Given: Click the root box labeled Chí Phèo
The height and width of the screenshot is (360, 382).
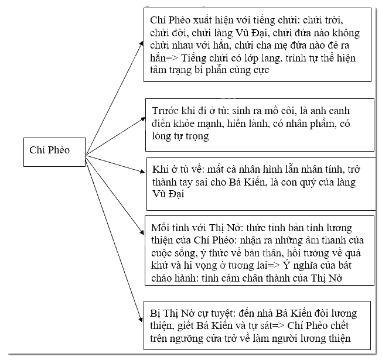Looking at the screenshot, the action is (x=54, y=152).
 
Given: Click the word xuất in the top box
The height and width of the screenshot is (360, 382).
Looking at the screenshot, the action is (x=203, y=20).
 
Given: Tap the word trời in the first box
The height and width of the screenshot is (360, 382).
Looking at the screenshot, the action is (x=334, y=20).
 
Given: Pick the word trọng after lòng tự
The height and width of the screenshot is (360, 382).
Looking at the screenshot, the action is (x=197, y=136).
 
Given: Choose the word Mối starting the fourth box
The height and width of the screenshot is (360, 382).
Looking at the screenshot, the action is (x=159, y=228).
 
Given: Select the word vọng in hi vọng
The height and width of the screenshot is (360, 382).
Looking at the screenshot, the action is (x=206, y=266).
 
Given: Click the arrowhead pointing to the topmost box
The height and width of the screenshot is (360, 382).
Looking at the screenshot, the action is (x=141, y=43).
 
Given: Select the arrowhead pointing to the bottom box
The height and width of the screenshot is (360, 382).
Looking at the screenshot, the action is (x=141, y=320).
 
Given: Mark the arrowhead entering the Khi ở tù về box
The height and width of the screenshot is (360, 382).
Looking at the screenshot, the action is (x=142, y=172).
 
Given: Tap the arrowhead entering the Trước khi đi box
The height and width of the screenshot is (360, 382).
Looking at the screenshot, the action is (x=143, y=119).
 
